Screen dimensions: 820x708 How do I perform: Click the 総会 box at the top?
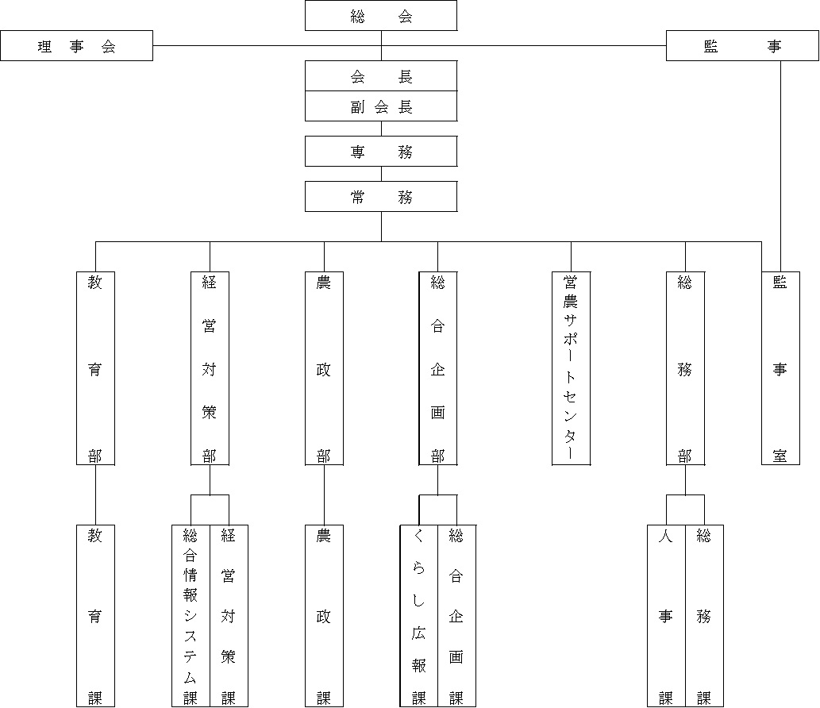pyautogui.click(x=381, y=16)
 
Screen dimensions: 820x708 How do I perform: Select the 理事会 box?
pyautogui.click(x=76, y=46)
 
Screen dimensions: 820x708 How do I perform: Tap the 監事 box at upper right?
pyautogui.click(x=742, y=46)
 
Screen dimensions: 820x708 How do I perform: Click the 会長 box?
pyautogui.click(x=381, y=76)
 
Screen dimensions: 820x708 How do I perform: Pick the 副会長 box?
pyautogui.click(x=381, y=106)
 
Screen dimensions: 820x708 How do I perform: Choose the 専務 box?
pyautogui.click(x=381, y=152)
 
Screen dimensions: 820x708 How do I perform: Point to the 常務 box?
pyautogui.click(x=381, y=197)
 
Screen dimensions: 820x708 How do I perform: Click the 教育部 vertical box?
pyautogui.click(x=96, y=368)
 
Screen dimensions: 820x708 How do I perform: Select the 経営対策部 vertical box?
pyautogui.click(x=210, y=368)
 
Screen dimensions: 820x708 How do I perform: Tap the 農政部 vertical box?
pyautogui.click(x=324, y=368)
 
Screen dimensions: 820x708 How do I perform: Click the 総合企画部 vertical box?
pyautogui.click(x=438, y=368)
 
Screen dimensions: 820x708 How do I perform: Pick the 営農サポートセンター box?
pyautogui.click(x=571, y=368)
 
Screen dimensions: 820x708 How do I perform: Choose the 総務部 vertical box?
pyautogui.click(x=685, y=368)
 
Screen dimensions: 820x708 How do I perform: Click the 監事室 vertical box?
pyautogui.click(x=781, y=368)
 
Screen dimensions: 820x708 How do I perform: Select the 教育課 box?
pyautogui.click(x=96, y=616)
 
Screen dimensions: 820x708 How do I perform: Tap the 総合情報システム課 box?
pyautogui.click(x=191, y=616)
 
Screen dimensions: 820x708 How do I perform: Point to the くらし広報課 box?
pyautogui.click(x=419, y=616)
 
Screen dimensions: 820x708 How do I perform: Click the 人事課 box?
pyautogui.click(x=666, y=616)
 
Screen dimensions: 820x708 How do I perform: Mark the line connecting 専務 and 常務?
pyautogui.click(x=381, y=174)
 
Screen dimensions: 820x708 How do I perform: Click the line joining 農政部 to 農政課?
pyautogui.click(x=324, y=495)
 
